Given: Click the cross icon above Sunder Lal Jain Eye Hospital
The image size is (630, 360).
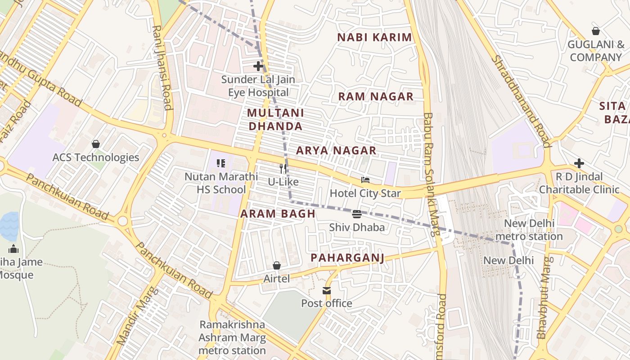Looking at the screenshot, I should pos(258,67).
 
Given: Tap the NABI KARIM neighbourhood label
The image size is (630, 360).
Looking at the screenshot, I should pos(374,37).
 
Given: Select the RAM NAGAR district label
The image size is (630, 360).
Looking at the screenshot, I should pos(376,96).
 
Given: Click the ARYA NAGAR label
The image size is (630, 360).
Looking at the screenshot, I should pos(336,150).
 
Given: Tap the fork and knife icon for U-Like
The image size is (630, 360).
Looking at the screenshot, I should pos(283,169).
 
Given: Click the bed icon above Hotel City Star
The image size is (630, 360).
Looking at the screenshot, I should pos(365,180).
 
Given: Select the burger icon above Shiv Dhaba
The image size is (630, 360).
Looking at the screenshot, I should pos(357,214).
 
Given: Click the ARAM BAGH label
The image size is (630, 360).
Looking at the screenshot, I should pos(278,214).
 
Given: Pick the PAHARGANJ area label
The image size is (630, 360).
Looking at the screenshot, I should pos(347,258).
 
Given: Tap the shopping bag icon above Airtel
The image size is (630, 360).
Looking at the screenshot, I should pos(277,266).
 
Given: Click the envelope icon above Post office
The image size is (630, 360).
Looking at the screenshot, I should pos(327,291).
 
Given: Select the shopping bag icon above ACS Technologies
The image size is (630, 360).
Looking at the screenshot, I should pos(95,144).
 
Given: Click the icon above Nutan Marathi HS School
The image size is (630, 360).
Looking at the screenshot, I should pos(220,163).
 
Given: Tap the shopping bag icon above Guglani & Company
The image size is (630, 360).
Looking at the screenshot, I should pos(596,31).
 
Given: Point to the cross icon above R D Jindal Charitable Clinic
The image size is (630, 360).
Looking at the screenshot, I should pos(579,163).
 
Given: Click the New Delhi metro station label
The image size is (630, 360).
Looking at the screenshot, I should pos(529,230).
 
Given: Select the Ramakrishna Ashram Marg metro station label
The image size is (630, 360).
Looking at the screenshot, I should pos(232,337).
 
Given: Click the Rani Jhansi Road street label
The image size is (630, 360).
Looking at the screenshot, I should pos(162,67).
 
